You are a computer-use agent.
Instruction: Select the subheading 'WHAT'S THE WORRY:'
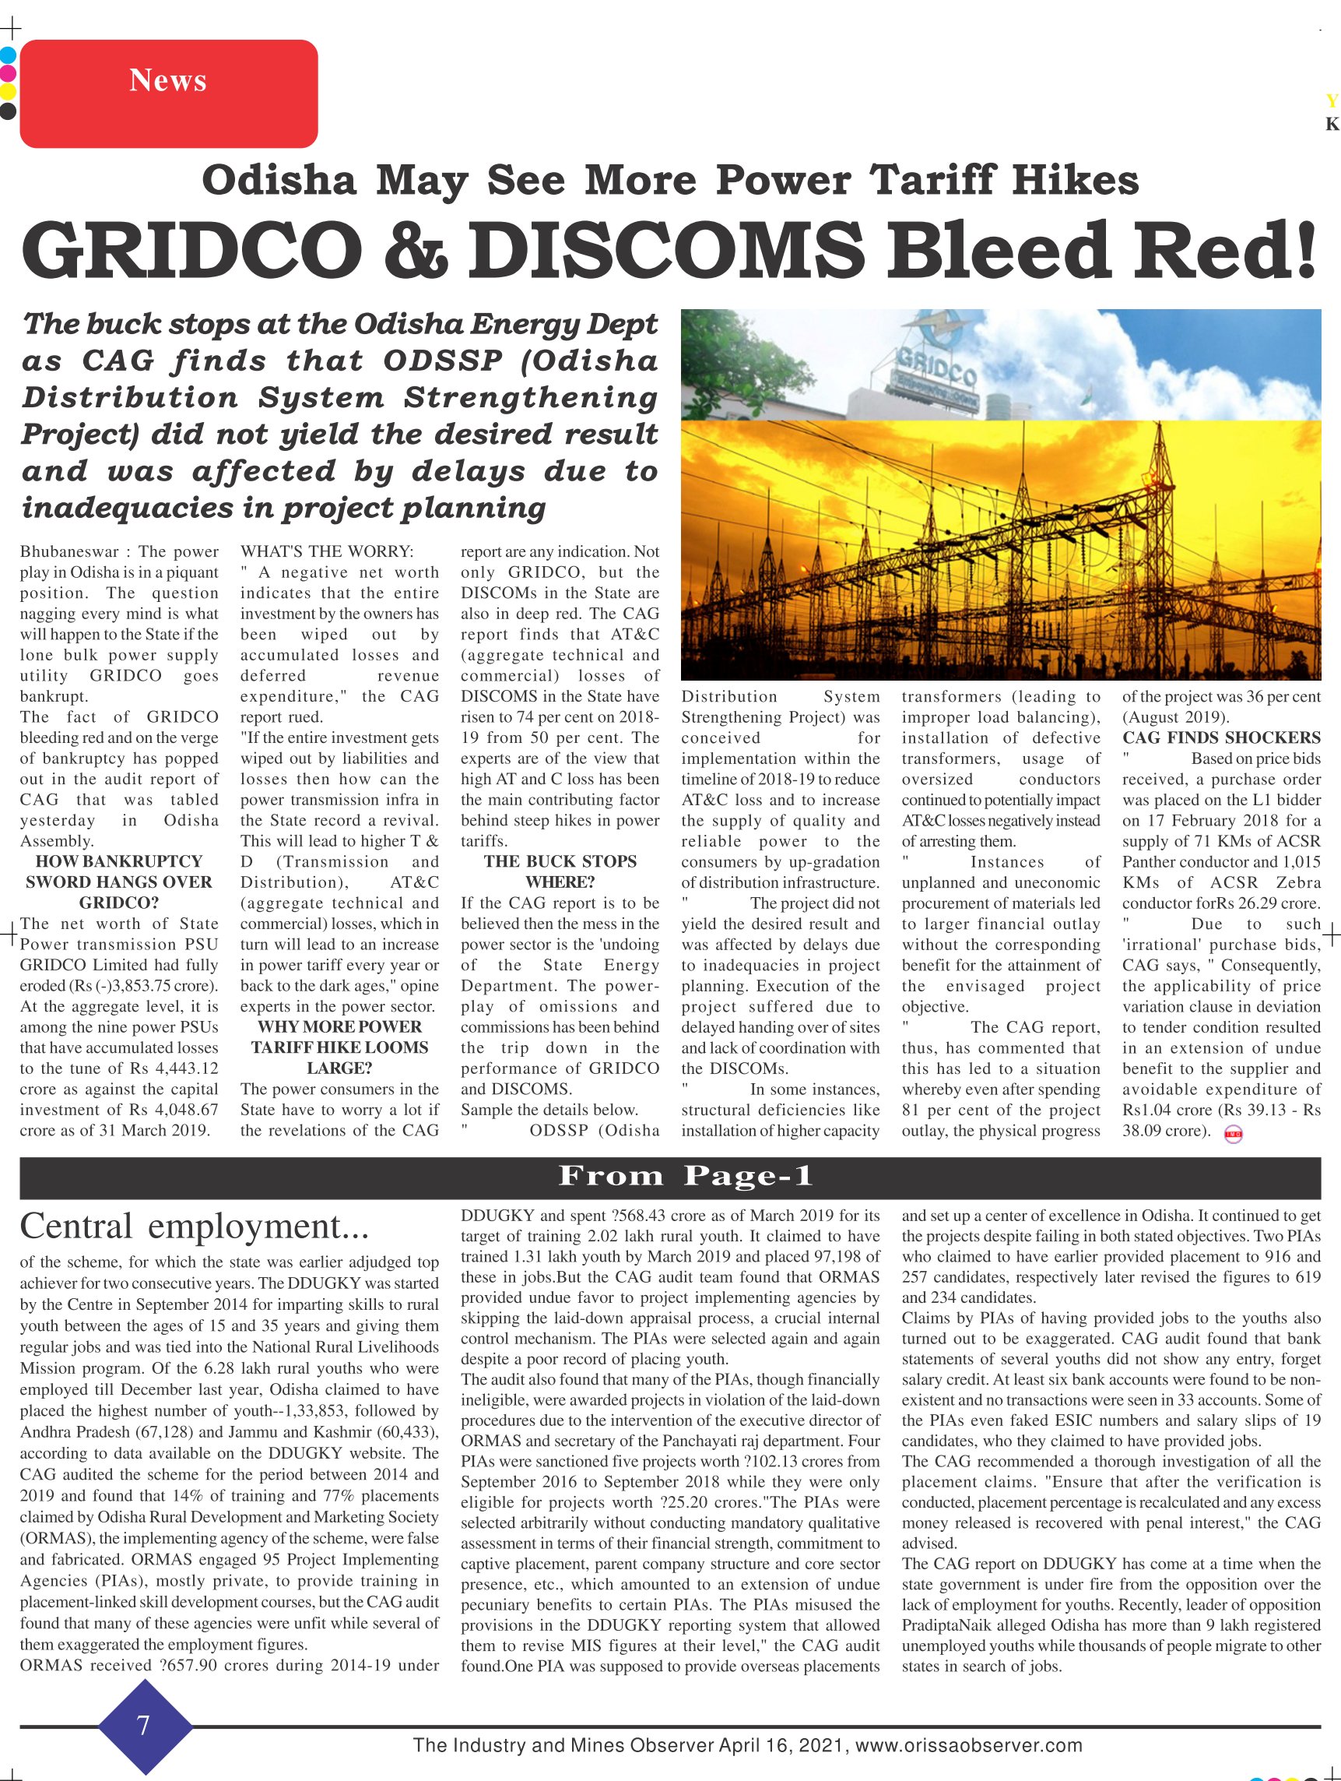[x=327, y=551]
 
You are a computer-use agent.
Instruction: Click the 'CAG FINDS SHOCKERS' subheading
[x=1221, y=737]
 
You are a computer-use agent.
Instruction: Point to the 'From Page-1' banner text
[x=686, y=1177]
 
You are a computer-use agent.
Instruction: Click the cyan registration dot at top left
[x=8, y=55]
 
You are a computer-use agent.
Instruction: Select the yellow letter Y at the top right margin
[x=1332, y=101]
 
